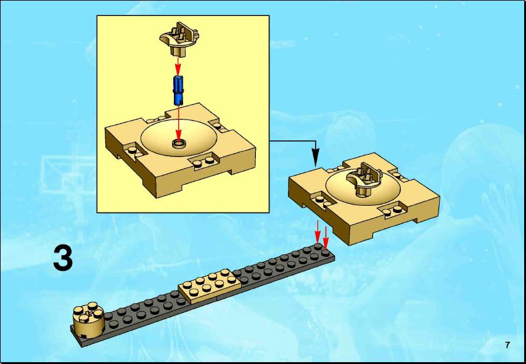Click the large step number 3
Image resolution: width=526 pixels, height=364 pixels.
point(63,258)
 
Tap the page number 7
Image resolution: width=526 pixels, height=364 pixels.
point(508,345)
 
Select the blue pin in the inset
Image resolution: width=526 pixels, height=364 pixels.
point(178,89)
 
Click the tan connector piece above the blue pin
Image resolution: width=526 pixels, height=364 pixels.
point(179,39)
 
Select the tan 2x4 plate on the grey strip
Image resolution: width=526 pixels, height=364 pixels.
point(210,286)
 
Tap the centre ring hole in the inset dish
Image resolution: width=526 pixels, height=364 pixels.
point(179,144)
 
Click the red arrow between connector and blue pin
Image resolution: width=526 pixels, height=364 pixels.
point(178,66)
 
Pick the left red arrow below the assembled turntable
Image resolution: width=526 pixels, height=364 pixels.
point(318,232)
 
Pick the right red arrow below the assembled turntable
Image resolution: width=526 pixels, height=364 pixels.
point(325,238)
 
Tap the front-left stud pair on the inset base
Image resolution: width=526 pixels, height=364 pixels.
point(133,150)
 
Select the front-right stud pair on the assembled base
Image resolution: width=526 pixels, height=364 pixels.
point(392,211)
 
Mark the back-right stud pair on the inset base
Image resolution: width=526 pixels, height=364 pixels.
point(219,127)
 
